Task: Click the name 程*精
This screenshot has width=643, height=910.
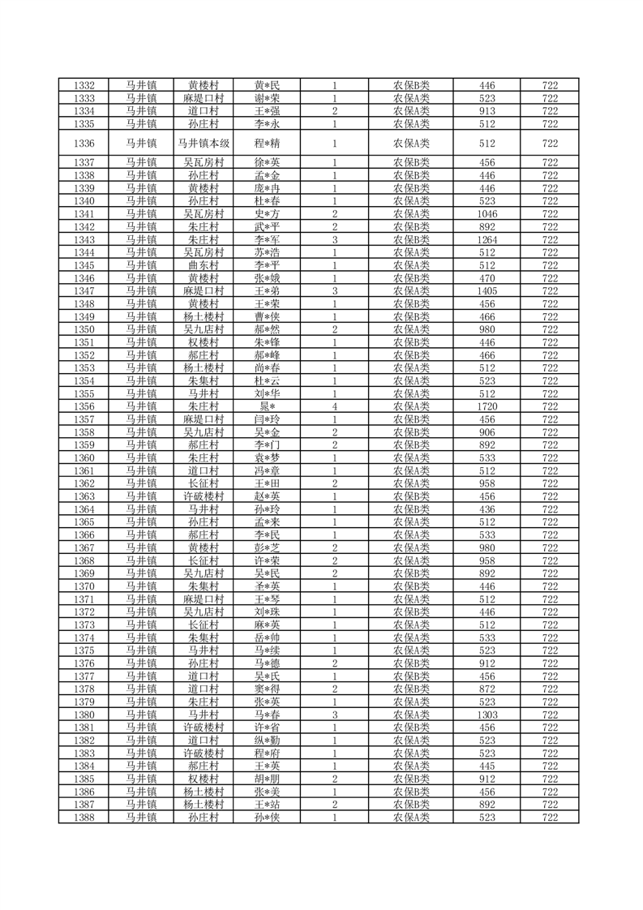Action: coord(267,144)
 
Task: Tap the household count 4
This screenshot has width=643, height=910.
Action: coord(334,406)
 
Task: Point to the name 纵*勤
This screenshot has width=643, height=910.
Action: coord(267,740)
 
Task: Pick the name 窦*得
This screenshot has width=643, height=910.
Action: coord(267,689)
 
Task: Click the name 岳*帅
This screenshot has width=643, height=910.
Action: coord(267,637)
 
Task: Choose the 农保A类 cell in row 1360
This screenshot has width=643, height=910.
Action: coord(411,457)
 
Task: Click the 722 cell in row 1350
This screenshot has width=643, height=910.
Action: coord(550,328)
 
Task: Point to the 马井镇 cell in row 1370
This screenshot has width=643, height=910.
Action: coord(141,586)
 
